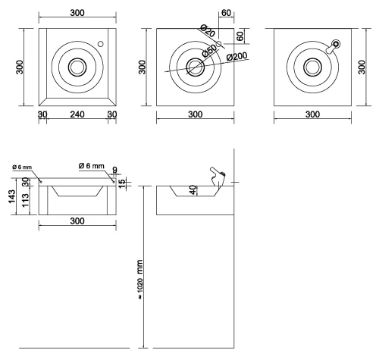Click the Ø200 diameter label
pos(237,56)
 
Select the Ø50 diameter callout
pos(209,51)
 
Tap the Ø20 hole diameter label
pos(208,30)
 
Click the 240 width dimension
pos(77,114)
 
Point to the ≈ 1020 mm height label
pos(140,280)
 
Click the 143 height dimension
pos(12,196)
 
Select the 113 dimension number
pos(25,201)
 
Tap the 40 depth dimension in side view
pos(193,190)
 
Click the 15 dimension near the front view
pos(121,183)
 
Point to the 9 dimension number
pos(115,170)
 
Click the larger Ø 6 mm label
pos(92,166)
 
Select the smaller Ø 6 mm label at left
pos(22,167)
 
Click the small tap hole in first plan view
pos(101,44)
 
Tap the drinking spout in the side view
pos(218,177)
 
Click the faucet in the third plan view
pos(334,46)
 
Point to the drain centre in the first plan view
pos(77,67)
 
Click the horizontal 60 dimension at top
pos(226,13)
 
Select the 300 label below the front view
pos(77,221)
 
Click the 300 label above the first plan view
pos(77,13)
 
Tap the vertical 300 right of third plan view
pos(362,67)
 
